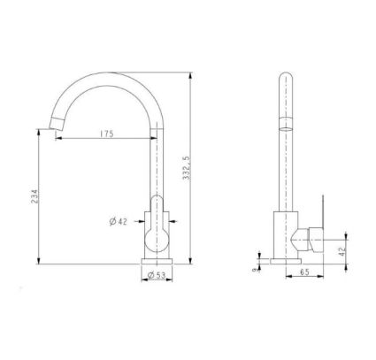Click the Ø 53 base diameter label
(x=157, y=277)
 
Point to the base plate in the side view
(x=285, y=261)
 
